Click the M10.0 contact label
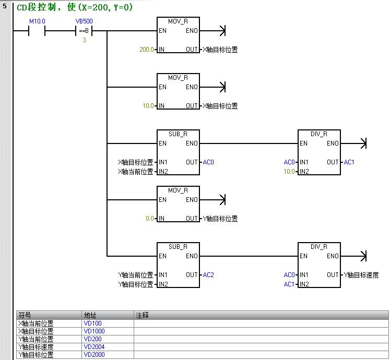[37, 21]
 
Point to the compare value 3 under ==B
[84, 40]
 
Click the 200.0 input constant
[147, 50]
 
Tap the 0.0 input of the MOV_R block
[150, 219]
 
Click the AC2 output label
[208, 275]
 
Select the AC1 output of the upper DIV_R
[349, 162]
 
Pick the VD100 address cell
[92, 323]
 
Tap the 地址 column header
[90, 315]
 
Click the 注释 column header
[143, 315]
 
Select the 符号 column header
[25, 315]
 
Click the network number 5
[5, 7]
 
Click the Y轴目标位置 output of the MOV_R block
[220, 219]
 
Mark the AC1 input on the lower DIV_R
[289, 284]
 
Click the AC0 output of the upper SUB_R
[208, 162]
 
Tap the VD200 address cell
[92, 339]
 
